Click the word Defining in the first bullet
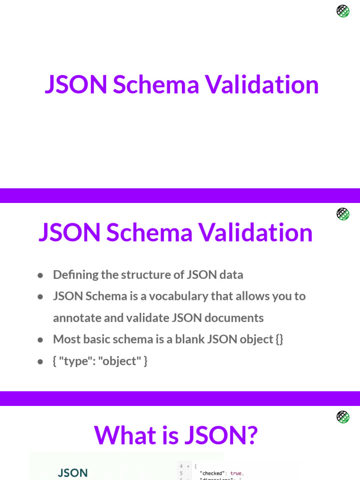(x=70, y=275)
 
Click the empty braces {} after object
(x=279, y=339)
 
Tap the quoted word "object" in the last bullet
(x=119, y=361)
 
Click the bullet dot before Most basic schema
(x=41, y=339)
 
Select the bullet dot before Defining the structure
(x=41, y=275)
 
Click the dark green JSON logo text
(x=73, y=473)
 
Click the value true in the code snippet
(x=236, y=473)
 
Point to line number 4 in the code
(x=181, y=466)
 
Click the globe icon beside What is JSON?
(x=343, y=417)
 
